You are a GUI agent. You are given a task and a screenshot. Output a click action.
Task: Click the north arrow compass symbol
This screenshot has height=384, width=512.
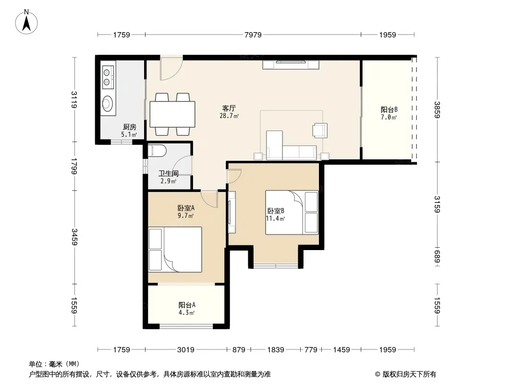click(26, 22)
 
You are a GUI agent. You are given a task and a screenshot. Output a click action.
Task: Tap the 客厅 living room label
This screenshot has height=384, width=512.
click(229, 108)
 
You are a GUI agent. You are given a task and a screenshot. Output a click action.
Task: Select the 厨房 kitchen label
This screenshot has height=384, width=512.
click(129, 127)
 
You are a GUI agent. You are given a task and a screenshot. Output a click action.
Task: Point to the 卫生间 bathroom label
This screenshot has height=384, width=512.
click(169, 174)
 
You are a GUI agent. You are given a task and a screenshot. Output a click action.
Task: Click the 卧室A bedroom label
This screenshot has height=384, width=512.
click(186, 208)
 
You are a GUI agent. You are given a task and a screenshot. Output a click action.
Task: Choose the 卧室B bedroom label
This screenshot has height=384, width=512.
click(276, 211)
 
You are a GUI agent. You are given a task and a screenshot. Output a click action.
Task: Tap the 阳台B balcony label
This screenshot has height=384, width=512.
click(389, 109)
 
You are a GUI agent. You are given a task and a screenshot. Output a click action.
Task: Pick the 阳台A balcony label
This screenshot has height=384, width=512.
click(187, 305)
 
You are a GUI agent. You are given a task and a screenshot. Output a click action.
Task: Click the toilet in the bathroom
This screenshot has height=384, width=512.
click(158, 151)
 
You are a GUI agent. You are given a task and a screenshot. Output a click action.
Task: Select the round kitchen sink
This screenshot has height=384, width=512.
click(107, 104)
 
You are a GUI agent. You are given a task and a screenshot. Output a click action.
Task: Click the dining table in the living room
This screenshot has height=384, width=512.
click(172, 114)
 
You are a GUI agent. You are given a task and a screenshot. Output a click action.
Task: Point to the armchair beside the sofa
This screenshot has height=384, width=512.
click(320, 130)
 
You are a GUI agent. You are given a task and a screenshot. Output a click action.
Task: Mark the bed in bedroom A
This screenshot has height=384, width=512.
click(175, 250)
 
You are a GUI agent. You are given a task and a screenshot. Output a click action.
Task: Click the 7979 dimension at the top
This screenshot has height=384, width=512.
click(253, 35)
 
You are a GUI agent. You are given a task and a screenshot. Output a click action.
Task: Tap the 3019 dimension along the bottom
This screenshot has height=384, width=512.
click(186, 350)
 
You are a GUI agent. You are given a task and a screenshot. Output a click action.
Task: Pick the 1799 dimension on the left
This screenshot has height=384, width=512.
click(74, 166)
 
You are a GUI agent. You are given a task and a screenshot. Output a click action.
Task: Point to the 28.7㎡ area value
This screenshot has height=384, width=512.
click(229, 116)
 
